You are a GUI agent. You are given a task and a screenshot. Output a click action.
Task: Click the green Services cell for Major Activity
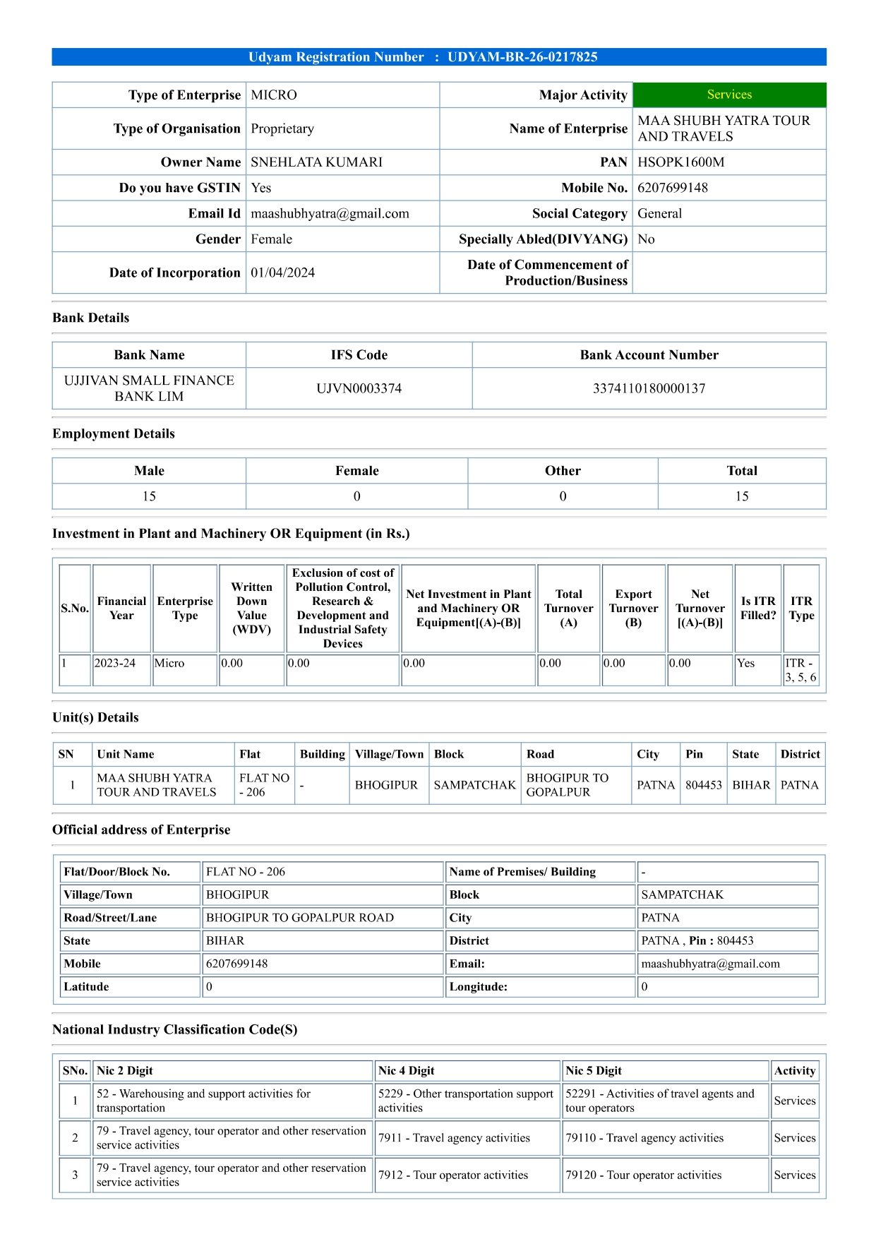[729, 95]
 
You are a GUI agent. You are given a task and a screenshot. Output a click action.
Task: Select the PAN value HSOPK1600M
[680, 162]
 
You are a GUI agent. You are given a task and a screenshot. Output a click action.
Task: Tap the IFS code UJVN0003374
[359, 388]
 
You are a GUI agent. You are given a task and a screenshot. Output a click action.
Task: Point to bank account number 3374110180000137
[649, 388]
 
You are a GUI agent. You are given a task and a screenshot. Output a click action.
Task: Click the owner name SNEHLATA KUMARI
[316, 162]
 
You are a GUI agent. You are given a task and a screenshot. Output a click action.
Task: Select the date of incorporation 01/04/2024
[282, 273]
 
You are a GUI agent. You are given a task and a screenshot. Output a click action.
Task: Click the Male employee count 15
[149, 496]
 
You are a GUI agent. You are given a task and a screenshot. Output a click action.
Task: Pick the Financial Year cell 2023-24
[114, 664]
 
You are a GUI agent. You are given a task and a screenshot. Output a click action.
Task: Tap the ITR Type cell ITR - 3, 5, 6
[800, 670]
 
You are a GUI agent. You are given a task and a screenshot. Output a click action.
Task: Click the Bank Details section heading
[91, 318]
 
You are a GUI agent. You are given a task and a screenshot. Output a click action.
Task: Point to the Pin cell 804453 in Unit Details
[703, 785]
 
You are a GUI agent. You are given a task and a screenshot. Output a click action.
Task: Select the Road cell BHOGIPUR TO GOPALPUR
[567, 785]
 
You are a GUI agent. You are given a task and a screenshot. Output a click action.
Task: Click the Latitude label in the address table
[86, 987]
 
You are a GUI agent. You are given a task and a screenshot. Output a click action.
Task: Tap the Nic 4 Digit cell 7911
[454, 1138]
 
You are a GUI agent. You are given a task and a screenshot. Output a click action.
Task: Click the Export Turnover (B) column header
[633, 608]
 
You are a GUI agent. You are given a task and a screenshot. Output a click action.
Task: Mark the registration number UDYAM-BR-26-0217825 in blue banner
[522, 57]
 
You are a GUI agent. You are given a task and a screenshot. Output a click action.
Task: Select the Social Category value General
[659, 214]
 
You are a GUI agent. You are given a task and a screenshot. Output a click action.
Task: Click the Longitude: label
[478, 987]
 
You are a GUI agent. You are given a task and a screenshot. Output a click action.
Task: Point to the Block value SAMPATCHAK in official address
[682, 894]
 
